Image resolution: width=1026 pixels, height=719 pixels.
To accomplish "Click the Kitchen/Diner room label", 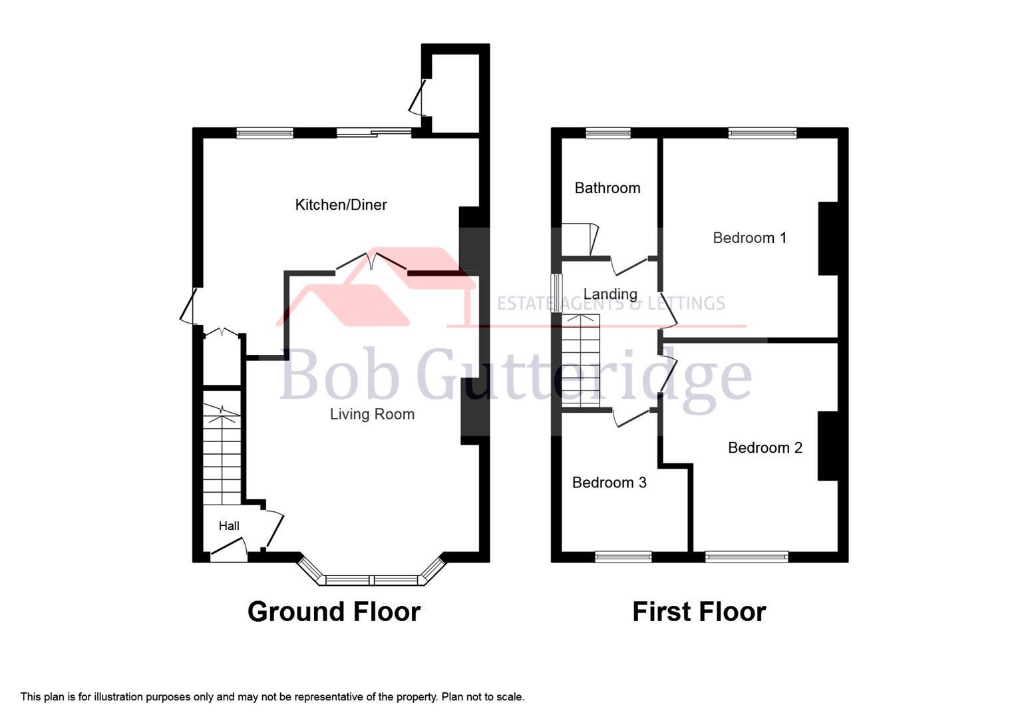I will coord(341,205).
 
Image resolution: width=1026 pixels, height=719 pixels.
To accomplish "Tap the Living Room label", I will coord(372,414).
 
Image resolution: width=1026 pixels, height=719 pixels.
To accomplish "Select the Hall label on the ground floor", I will coord(229,526).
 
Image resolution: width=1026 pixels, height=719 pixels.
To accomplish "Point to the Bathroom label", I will coord(607,188).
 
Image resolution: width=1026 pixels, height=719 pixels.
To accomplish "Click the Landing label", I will coord(610,294).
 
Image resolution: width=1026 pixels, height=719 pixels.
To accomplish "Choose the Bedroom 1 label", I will coord(749,238).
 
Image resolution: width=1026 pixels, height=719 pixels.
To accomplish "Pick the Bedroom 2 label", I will coord(765,447).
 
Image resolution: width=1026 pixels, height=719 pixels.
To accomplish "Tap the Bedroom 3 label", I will coord(609,482).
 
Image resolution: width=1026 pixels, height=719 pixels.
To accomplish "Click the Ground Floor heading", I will coord(334,611).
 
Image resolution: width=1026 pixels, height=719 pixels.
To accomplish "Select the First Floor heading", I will coord(699,611).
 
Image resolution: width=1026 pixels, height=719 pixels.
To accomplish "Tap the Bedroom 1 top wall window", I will coord(762,133).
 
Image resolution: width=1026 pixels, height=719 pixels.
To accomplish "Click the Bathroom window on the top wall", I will coord(608,133).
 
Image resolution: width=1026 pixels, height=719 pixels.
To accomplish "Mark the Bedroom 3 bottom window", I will coord(623,557).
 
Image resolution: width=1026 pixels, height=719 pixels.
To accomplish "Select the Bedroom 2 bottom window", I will coord(747,557).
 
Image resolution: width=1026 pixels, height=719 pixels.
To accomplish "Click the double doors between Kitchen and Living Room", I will coord(371,262).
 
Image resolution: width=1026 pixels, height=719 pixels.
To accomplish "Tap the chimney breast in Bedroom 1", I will coord(827,238).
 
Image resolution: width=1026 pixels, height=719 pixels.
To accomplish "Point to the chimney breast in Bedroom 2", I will coord(827,446).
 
